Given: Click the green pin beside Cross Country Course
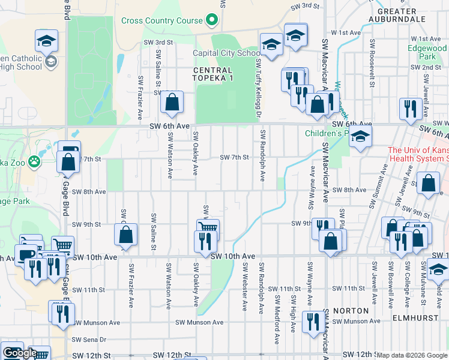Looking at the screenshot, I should coord(211,20).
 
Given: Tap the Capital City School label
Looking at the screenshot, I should coord(226,53).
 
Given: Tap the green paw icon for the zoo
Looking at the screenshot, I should coord(35,160).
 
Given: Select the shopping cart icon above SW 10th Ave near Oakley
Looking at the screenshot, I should coord(208,228).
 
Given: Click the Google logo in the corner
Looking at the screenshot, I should coord(19,353).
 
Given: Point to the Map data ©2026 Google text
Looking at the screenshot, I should coord(412,355).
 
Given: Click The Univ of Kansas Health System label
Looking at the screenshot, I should coord(418,154).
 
